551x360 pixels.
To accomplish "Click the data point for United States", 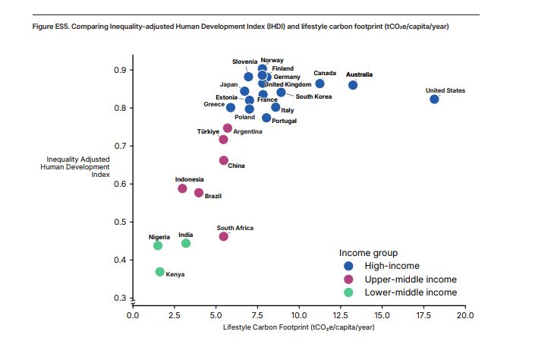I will click(x=434, y=99).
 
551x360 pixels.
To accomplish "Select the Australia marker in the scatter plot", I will click(x=353, y=85).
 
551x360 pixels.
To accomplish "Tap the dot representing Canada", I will click(x=320, y=84).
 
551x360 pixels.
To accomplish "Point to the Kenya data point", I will click(x=160, y=272).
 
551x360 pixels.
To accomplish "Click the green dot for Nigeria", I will click(x=158, y=245).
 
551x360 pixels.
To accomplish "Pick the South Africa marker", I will click(x=224, y=236).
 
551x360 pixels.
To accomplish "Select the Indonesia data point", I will click(x=182, y=188).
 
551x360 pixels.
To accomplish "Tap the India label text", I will click(x=186, y=235).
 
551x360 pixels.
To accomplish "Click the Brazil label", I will click(x=213, y=197).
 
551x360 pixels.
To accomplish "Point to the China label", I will click(x=236, y=166).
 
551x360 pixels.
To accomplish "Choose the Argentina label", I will click(x=248, y=131).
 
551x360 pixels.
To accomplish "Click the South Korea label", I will click(x=313, y=96).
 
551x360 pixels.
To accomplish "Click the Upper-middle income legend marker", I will click(x=348, y=279).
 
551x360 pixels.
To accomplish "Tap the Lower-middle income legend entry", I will click(x=411, y=292).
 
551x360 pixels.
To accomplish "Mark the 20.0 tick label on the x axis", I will click(x=464, y=314).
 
